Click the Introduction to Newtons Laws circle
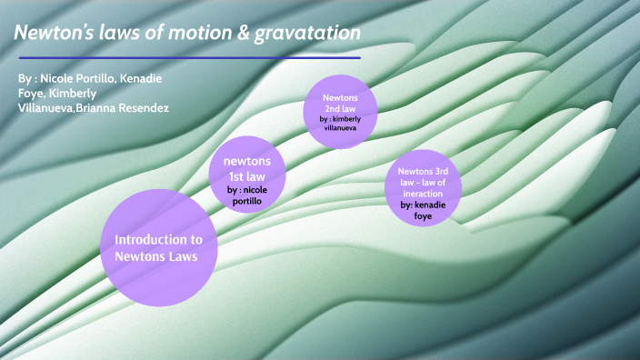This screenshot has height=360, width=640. click(158, 248)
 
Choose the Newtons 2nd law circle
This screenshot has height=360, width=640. click(339, 109)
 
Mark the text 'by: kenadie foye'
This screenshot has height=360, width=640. click(423, 211)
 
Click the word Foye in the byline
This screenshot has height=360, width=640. click(31, 94)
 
